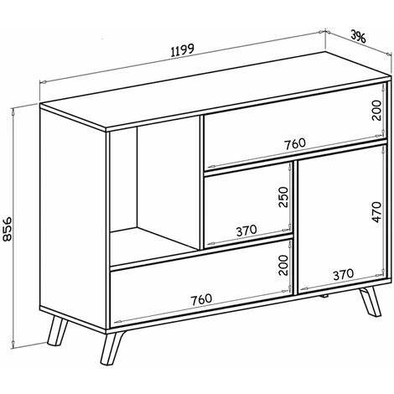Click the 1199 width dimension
click(182, 50)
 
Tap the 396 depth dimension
click(358, 36)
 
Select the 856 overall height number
click(7, 228)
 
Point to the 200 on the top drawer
click(376, 110)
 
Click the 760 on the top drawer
click(295, 143)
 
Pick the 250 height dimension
click(283, 197)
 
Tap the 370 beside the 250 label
click(246, 231)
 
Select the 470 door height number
click(376, 212)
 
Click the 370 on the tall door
click(343, 274)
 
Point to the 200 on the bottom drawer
click(283, 265)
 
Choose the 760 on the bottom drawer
click(201, 299)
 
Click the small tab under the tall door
click(324, 296)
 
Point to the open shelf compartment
click(154, 190)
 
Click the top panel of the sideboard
click(215, 91)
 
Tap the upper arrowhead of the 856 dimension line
click(13, 111)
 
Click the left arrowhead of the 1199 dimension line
click(44, 82)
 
